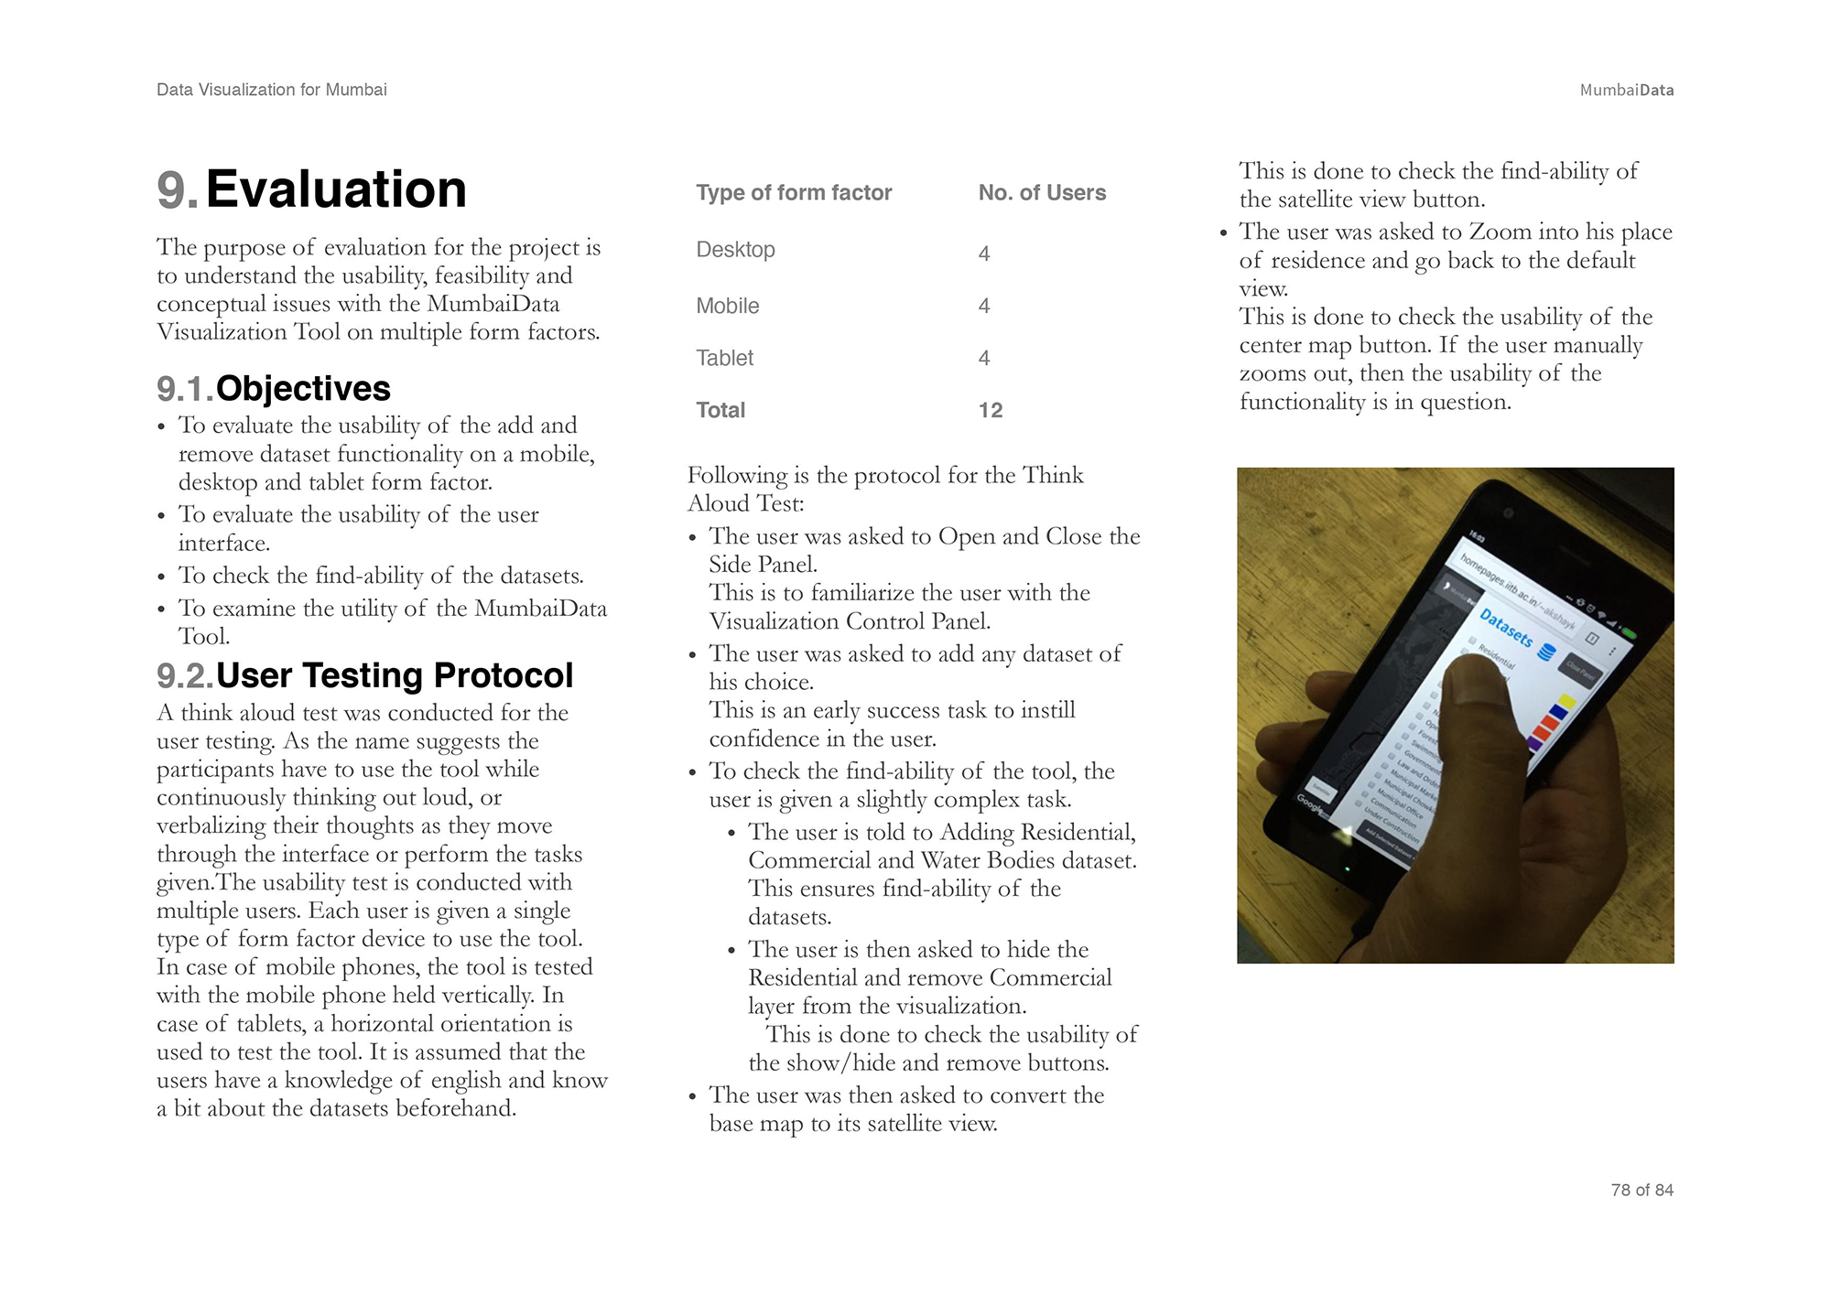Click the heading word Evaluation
click(336, 189)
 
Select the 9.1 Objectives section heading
click(274, 389)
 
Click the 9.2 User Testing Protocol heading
click(365, 675)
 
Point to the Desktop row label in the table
click(735, 250)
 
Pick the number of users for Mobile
click(984, 306)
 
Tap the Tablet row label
click(724, 358)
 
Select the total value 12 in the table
click(991, 410)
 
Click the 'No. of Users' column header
click(1042, 193)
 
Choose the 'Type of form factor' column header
click(794, 193)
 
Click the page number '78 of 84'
click(1641, 1190)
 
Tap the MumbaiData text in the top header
click(1626, 90)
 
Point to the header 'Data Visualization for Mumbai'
click(272, 90)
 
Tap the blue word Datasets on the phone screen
click(1506, 628)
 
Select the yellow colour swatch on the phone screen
click(1566, 702)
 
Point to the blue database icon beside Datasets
click(1546, 652)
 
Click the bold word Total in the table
click(720, 410)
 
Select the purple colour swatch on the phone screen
click(1535, 743)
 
